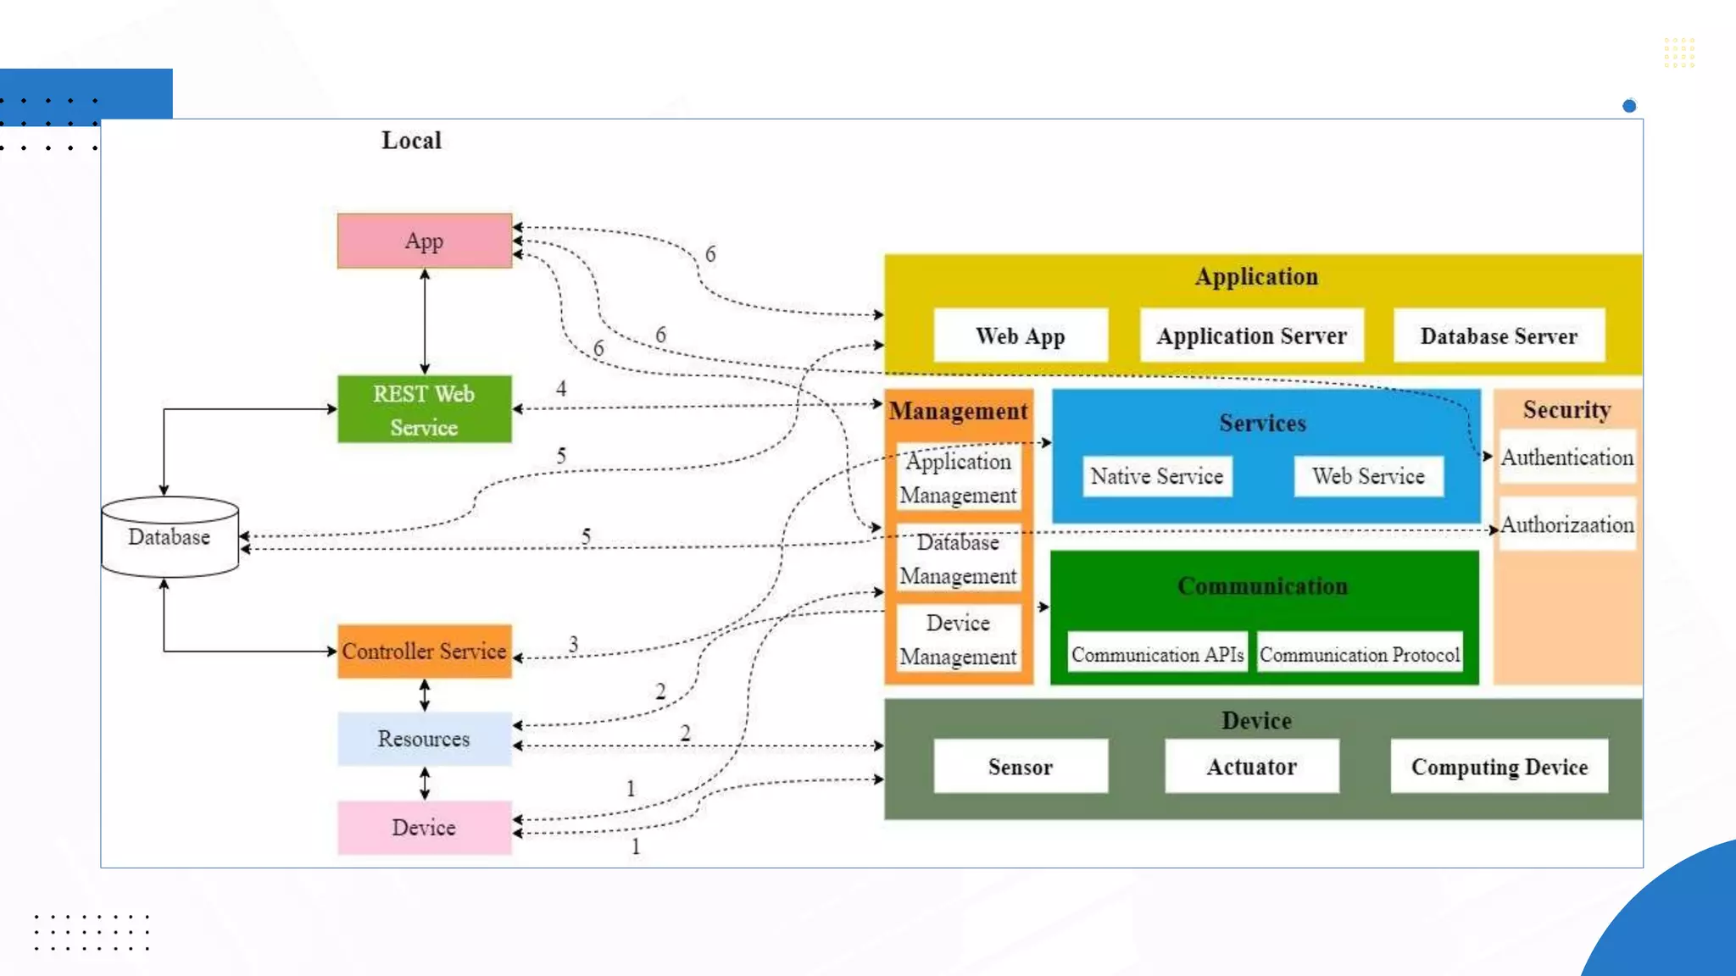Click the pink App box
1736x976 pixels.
[x=424, y=241]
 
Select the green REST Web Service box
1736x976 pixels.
[x=424, y=409]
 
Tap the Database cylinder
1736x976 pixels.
[x=170, y=537]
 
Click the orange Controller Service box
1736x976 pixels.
[x=424, y=651]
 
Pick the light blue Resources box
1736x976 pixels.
[x=424, y=739]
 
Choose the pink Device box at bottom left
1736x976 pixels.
[x=424, y=828]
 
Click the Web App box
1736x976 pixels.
[x=1020, y=335]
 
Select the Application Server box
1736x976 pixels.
[x=1251, y=335]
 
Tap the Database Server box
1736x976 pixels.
[x=1499, y=335]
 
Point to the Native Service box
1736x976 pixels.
[x=1156, y=476]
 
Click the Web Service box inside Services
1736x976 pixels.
[x=1368, y=476]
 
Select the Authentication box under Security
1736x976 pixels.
[x=1566, y=457]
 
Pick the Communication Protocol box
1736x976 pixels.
[x=1360, y=654]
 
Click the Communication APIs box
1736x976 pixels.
[x=1157, y=654]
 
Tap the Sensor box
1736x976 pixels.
[x=1020, y=767]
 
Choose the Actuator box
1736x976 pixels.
[x=1251, y=767]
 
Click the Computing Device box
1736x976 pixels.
[x=1499, y=767]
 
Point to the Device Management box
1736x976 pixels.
[x=958, y=640]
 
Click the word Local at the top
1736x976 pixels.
[x=411, y=140]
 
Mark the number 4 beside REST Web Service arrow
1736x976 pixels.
[x=561, y=388]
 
